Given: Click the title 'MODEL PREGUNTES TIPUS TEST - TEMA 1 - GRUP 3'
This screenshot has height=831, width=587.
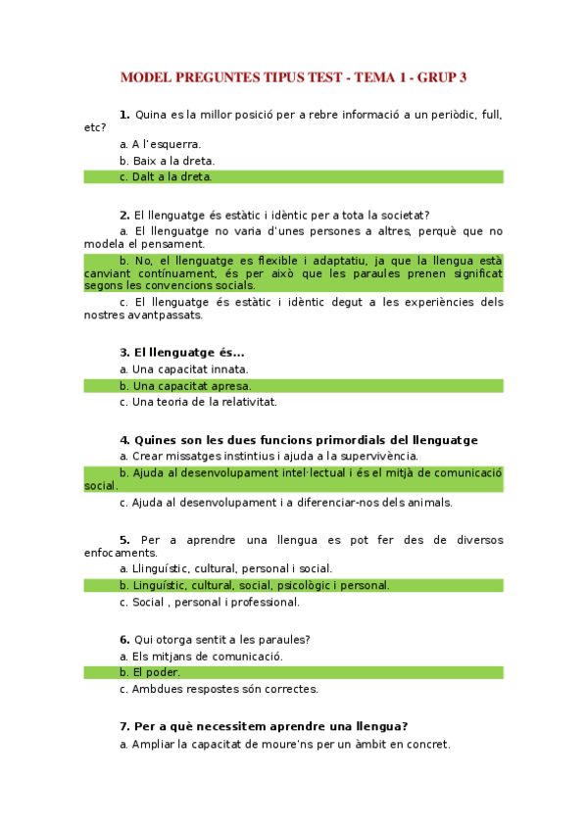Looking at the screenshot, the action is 293,76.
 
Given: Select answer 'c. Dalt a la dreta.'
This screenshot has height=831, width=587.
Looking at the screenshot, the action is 166,176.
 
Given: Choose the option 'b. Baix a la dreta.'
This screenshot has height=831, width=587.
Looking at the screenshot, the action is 167,161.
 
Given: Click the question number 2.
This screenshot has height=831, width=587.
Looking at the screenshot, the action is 124,216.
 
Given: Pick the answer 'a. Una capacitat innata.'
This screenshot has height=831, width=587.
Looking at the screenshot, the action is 183,369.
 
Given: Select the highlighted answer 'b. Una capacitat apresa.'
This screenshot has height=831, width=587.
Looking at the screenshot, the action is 184,385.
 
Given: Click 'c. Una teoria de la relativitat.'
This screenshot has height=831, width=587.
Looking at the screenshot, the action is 198,402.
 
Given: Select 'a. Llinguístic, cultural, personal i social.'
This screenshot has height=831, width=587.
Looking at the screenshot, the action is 225,568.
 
